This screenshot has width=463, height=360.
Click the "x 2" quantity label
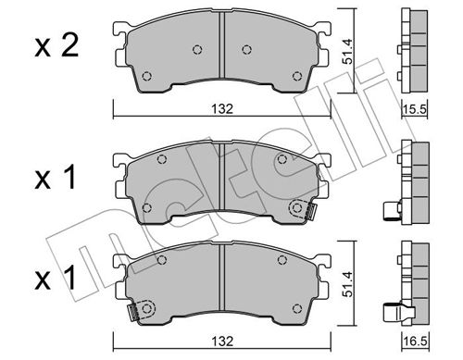pos(56,46)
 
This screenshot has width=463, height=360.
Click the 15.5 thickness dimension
pos(415,109)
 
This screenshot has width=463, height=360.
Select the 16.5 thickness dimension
pos(415,341)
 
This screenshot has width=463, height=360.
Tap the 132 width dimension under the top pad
pos(222,109)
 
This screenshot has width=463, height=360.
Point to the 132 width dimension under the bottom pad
pos(222,341)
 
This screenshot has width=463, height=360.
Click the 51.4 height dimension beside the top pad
pos(348,51)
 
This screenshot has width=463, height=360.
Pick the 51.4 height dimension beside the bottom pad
pos(348,284)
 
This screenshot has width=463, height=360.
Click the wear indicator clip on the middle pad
pos(311,211)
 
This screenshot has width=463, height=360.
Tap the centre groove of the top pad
pos(221,45)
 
